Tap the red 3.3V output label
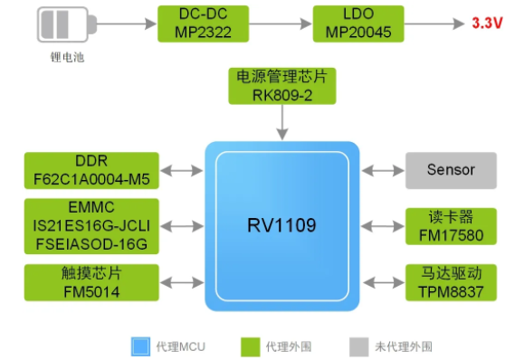click(486, 24)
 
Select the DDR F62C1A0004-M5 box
click(80, 170)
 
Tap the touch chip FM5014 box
click(80, 283)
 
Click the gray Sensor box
click(450, 170)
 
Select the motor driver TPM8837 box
click(450, 283)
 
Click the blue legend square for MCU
click(140, 346)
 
